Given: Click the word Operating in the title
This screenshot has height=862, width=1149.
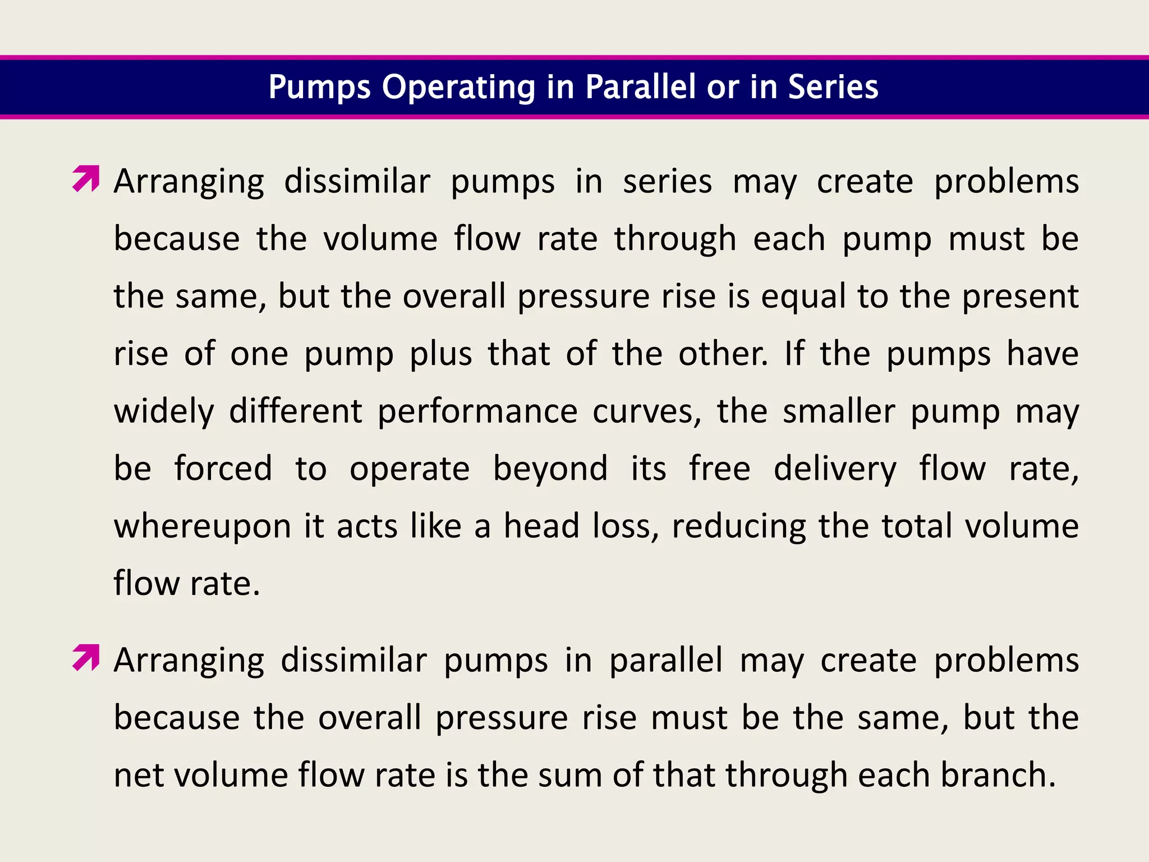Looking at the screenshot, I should pyautogui.click(x=458, y=88).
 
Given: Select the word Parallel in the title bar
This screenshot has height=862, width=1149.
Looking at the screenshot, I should pyautogui.click(x=641, y=87).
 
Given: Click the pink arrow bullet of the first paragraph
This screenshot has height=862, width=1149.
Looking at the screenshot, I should pyautogui.click(x=86, y=179).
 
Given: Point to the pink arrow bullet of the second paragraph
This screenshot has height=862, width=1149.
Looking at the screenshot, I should pyautogui.click(x=86, y=658).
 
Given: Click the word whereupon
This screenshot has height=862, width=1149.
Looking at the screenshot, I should pyautogui.click(x=203, y=527).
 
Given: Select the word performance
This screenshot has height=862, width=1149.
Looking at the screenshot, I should pyautogui.click(x=477, y=411).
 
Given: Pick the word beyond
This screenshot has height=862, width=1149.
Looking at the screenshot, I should pyautogui.click(x=550, y=469).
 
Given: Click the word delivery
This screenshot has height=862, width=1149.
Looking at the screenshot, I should pyautogui.click(x=835, y=470).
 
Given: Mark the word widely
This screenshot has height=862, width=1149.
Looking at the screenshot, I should pyautogui.click(x=164, y=411).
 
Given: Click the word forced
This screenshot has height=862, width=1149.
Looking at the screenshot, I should pyautogui.click(x=223, y=469).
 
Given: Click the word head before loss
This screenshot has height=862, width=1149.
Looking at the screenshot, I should pyautogui.click(x=541, y=526).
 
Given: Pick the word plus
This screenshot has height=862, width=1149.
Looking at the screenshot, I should pyautogui.click(x=441, y=355).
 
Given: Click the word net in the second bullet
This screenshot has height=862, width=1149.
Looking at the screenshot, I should pyautogui.click(x=141, y=776).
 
